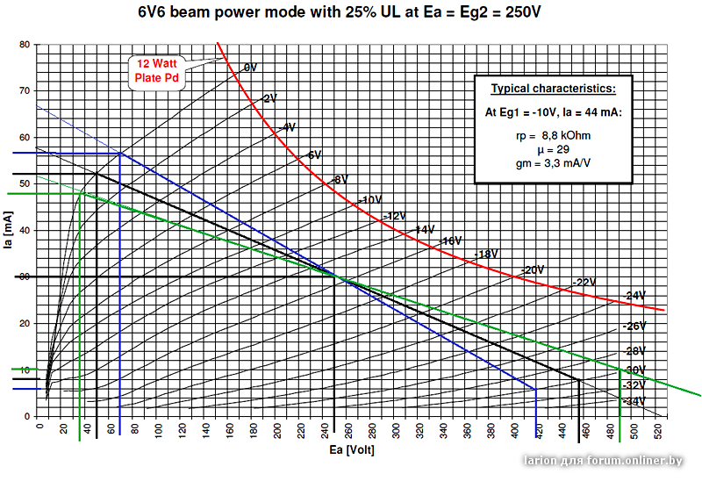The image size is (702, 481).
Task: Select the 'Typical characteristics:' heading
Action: (553, 90)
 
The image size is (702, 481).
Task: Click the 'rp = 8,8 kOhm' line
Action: (553, 136)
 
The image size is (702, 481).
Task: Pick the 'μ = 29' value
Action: (553, 150)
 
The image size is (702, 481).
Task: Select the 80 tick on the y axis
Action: (25, 45)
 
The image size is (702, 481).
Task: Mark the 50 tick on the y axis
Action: (25, 184)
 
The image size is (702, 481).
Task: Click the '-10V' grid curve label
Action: (371, 200)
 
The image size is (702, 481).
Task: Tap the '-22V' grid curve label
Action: (584, 283)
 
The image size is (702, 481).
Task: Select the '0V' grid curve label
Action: (250, 68)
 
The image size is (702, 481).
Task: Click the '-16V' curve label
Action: (451, 241)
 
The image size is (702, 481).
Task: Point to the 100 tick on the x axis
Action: (159, 430)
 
